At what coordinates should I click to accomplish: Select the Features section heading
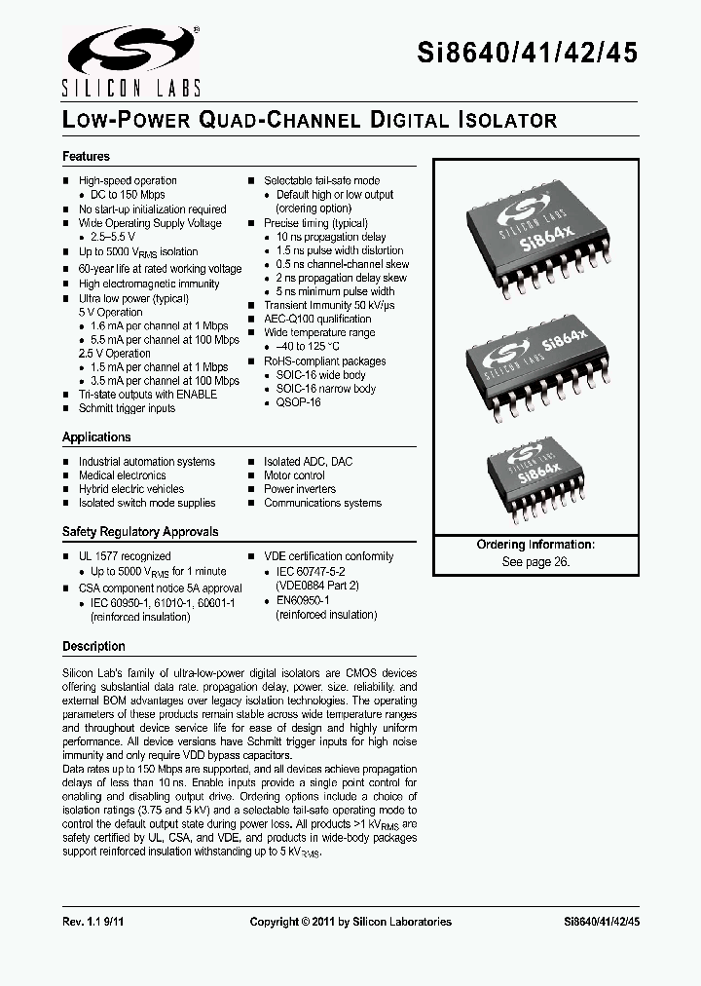click(x=86, y=157)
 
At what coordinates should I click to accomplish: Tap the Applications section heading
click(x=96, y=437)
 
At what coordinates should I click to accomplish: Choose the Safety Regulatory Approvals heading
click(x=140, y=532)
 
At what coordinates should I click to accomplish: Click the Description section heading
click(x=93, y=646)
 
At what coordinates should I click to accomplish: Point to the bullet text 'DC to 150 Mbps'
click(x=128, y=195)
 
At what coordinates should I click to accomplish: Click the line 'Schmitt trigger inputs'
click(x=127, y=408)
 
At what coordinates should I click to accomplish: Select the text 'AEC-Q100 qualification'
click(x=317, y=319)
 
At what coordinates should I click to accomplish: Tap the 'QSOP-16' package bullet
click(x=298, y=402)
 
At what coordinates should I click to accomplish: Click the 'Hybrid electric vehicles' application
click(x=130, y=489)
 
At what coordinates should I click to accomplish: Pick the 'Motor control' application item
click(x=294, y=475)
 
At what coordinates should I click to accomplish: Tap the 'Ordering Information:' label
click(x=535, y=545)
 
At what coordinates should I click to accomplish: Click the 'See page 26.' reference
click(x=535, y=562)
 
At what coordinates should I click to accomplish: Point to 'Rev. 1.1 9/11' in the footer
click(x=93, y=922)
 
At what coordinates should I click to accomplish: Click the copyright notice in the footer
click(x=350, y=922)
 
